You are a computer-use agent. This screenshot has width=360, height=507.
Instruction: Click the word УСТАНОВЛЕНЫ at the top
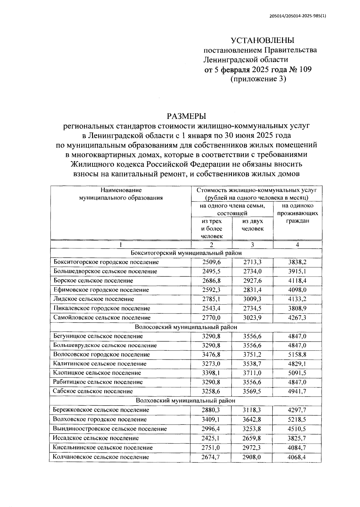tap(262, 40)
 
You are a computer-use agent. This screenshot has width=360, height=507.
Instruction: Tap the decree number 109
tap(305, 70)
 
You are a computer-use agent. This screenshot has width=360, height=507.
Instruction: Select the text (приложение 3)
tap(258, 79)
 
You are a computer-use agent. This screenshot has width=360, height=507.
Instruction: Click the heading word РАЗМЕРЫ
tap(187, 116)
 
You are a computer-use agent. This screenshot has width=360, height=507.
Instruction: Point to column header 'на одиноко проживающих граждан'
tap(297, 213)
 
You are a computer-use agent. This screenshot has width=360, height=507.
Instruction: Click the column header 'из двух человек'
tap(252, 225)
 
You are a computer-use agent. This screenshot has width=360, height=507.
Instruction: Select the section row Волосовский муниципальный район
tap(186, 327)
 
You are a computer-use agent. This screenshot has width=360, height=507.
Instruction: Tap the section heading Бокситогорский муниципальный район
tap(186, 253)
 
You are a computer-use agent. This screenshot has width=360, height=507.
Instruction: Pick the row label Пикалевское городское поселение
tap(102, 308)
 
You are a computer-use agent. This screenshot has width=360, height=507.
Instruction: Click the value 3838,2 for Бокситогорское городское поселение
tap(297, 262)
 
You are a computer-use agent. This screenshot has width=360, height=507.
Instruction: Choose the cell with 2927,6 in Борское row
tap(252, 280)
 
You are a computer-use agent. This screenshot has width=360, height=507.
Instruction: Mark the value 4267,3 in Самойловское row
tap(297, 317)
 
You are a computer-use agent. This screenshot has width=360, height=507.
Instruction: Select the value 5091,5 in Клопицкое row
tap(297, 373)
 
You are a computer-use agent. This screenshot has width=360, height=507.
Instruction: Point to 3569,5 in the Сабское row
tap(252, 391)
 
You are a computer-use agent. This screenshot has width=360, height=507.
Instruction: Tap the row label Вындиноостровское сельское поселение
tap(110, 428)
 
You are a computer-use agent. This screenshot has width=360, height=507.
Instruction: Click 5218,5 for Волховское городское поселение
tap(297, 419)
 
